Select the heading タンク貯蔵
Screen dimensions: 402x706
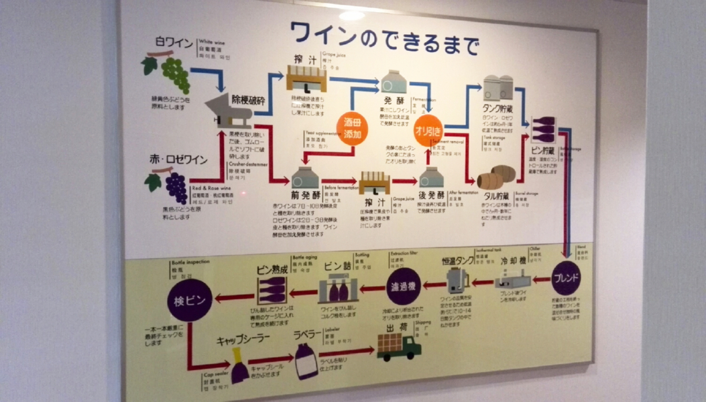click(502, 108)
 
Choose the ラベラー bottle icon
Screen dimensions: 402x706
click(306, 360)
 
